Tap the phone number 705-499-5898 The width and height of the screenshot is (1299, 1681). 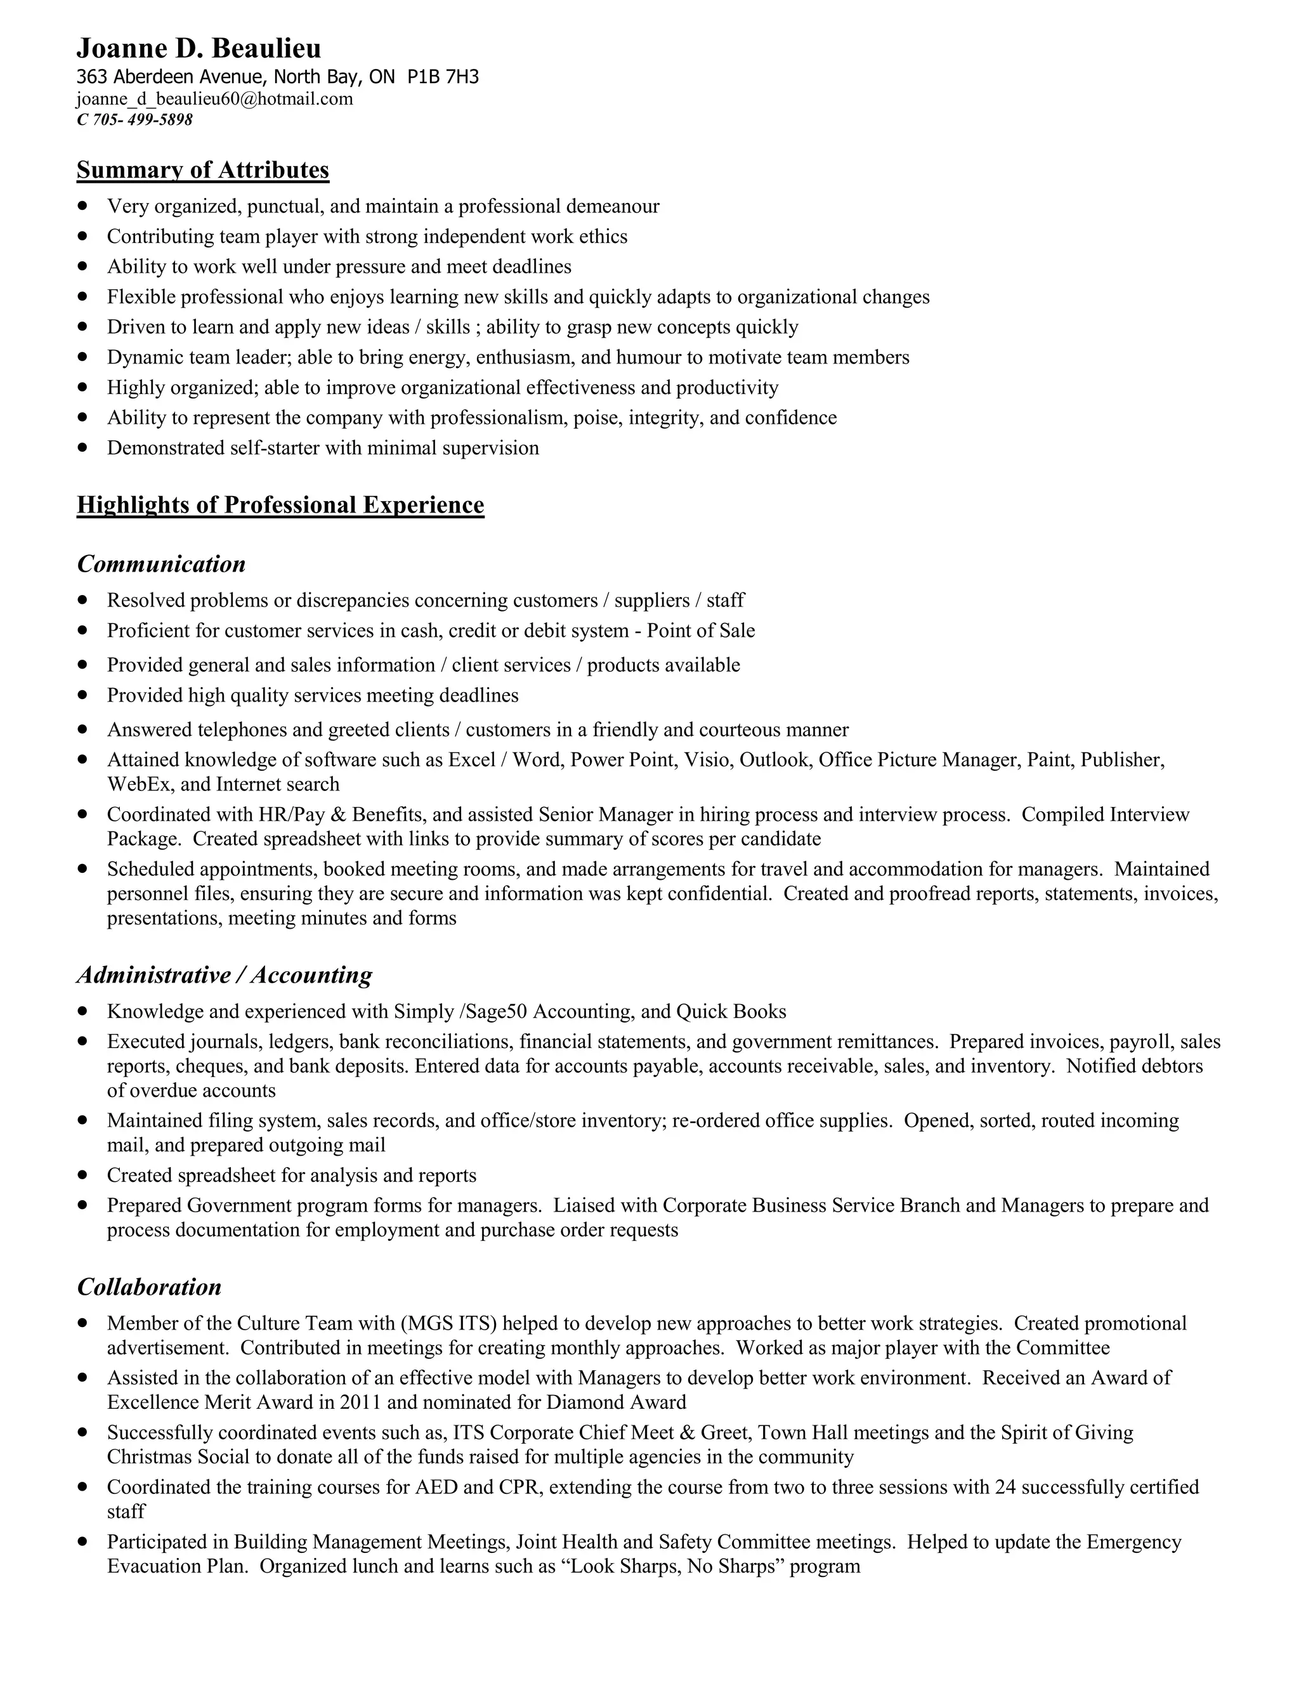click(142, 120)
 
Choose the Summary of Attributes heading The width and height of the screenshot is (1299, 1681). click(202, 170)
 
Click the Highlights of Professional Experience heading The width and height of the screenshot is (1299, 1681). click(280, 505)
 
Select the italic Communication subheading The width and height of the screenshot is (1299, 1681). click(162, 564)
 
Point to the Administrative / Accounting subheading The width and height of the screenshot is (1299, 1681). click(224, 975)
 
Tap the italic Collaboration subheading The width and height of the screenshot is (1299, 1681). click(149, 1287)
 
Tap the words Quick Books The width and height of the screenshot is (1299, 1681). click(731, 1011)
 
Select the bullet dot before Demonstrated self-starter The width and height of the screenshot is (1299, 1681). click(83, 448)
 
